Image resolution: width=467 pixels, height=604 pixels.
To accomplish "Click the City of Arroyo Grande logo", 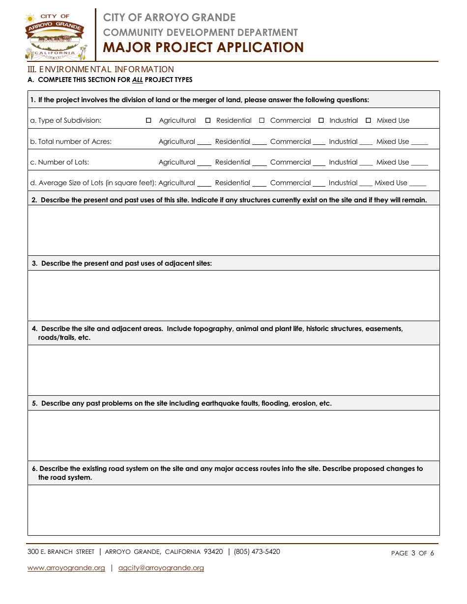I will pos(56,35).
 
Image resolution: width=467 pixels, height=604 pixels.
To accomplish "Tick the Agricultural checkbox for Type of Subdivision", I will pos(148,121).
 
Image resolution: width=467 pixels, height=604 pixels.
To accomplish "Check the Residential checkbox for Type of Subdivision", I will pos(208,121).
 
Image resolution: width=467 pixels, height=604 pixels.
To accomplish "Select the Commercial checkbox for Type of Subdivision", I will pos(262,121).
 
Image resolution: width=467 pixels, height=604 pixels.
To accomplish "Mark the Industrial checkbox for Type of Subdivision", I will pos(321,121).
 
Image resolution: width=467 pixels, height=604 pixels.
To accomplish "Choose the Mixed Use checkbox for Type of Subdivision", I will pos(368,121).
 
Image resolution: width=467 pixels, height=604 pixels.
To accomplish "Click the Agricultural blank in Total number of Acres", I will pos(204,142).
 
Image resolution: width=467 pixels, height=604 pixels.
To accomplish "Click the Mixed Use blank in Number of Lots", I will pos(419,163).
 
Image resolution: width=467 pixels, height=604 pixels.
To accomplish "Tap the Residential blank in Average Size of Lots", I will pos(259,184).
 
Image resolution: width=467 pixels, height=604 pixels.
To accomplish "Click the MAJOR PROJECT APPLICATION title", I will pos(203,48).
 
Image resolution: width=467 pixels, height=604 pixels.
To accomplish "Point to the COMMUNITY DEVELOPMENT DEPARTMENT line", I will pos(200,32).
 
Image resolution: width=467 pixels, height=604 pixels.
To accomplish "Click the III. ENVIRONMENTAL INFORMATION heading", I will pos(100,69).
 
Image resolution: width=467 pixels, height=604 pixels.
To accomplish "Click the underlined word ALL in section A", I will pos(138,80).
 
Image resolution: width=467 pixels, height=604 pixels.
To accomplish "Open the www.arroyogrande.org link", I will pos(66,568).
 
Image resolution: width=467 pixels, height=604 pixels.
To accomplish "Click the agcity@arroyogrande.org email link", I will pos(161,568).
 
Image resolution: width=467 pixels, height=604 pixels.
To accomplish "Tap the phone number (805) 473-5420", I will pos(257,552).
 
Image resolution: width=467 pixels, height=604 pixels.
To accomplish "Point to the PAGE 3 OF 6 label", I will pos(412,553).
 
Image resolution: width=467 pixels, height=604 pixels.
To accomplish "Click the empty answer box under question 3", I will pos(233,296).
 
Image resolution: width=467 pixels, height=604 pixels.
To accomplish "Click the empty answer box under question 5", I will pos(233,436).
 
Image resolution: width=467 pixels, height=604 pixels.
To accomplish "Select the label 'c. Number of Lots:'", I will pos(59,163).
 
